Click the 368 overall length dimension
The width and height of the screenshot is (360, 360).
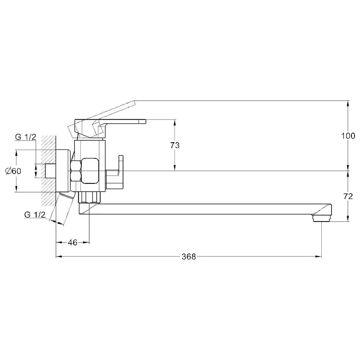pos(189,256)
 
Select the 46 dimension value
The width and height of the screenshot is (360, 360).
pos(73,243)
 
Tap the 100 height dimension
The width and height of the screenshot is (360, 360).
pos(348,136)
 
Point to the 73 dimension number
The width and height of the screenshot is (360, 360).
pos(175,145)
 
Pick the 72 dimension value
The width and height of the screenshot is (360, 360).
pos(348,196)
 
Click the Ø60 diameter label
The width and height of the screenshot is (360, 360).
pos(13,171)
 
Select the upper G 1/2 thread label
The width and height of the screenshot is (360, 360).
pos(25,137)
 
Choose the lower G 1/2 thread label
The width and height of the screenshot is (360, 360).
pos(35,215)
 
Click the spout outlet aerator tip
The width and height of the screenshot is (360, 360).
pos(321,218)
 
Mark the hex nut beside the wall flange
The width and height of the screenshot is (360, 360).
pos(76,171)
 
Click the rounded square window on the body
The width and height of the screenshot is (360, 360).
pos(90,171)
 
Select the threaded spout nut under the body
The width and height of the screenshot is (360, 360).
pos(90,197)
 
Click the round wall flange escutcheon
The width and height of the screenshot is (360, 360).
pos(63,171)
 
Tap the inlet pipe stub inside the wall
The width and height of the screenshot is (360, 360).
pos(51,171)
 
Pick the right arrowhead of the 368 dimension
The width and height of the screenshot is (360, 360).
pos(319,256)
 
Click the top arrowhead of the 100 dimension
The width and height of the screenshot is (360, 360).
pos(348,104)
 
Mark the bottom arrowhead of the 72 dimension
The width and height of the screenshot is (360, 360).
pos(348,218)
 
